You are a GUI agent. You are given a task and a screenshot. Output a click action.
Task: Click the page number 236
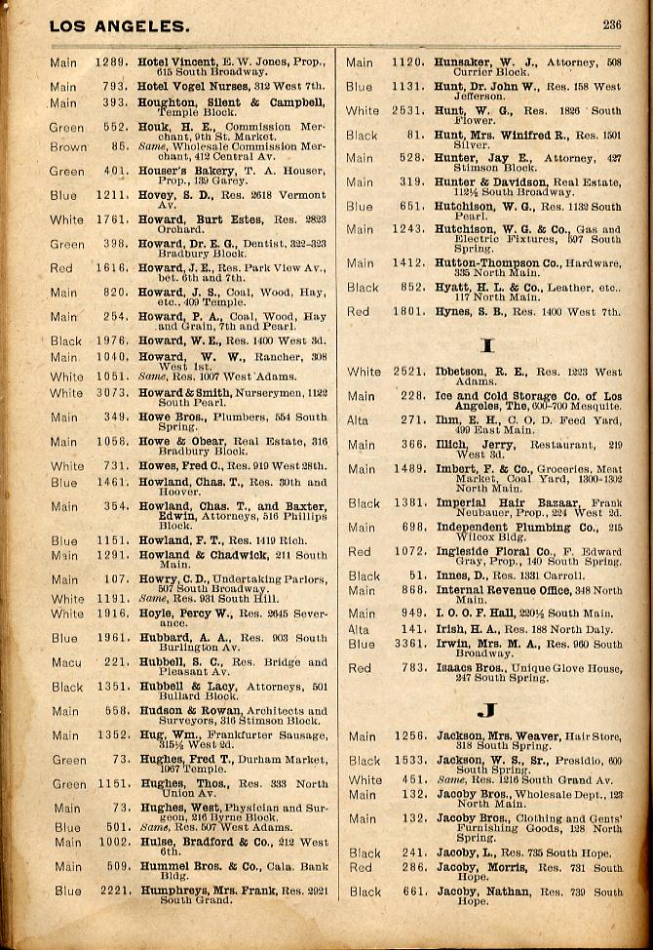[x=611, y=25]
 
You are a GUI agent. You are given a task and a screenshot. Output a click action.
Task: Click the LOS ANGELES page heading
[x=120, y=26]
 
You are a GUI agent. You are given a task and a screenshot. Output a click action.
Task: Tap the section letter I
[x=486, y=343]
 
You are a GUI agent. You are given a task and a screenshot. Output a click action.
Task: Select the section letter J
[x=486, y=710]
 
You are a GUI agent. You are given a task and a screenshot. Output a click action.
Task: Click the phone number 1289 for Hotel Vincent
[x=111, y=62]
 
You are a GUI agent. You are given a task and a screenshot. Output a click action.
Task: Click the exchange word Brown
[x=68, y=146]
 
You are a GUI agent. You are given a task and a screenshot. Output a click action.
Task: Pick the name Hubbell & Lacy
[x=186, y=687]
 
